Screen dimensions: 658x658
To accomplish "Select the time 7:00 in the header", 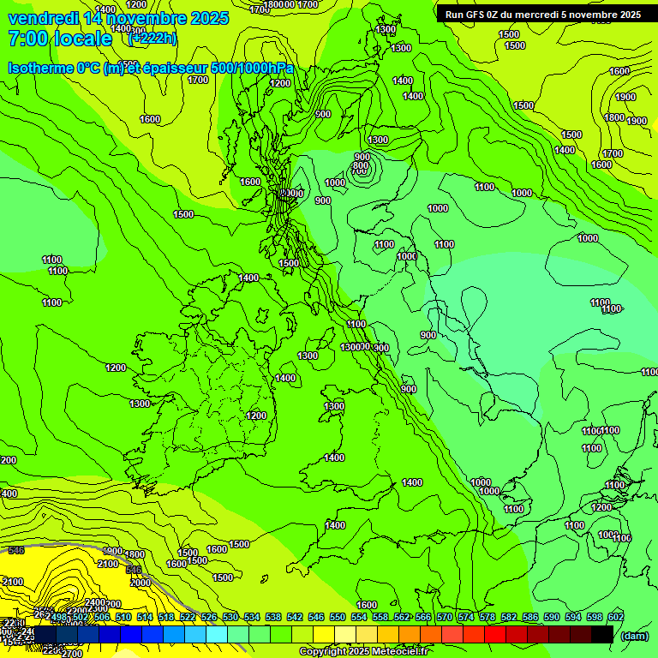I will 27,39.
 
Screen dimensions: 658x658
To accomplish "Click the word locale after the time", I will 82,39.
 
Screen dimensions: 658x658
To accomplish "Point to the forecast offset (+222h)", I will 152,39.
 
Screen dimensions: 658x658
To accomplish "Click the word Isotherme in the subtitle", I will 40,68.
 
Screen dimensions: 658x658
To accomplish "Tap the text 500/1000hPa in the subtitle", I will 253,68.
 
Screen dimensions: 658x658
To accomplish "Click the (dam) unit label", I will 634,635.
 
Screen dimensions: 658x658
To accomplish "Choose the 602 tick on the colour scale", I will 615,617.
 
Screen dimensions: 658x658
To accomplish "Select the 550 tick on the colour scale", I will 337,617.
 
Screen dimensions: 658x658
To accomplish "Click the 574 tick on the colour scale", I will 466,617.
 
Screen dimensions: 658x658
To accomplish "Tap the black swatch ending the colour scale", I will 602,634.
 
